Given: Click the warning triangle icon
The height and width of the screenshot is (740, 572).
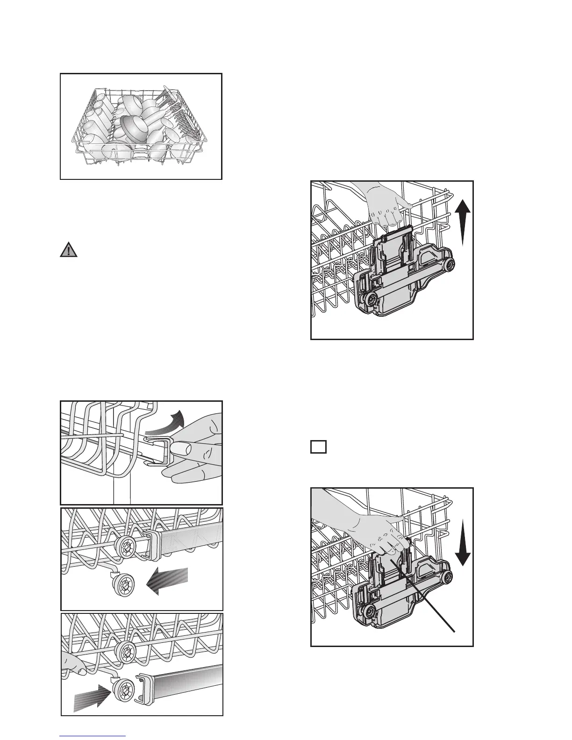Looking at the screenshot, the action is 69,250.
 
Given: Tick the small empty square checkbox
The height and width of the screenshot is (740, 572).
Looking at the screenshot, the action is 318,447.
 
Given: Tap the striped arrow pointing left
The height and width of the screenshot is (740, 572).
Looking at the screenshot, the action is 168,581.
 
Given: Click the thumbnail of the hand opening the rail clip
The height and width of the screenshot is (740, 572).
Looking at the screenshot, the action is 141,452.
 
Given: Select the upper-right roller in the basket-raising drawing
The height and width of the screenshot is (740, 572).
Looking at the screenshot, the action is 450,266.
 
